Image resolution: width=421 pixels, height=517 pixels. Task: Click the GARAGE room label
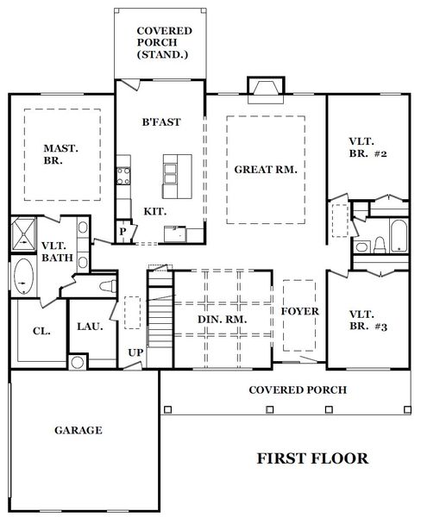[x=79, y=430]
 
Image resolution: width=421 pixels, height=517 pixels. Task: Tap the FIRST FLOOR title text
[x=312, y=458]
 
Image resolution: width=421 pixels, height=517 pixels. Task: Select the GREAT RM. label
[x=266, y=170]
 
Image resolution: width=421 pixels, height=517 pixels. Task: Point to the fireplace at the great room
[x=266, y=90]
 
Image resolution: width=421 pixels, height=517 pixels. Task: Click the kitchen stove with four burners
[x=123, y=176]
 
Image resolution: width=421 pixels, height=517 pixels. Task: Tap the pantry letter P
[x=123, y=232]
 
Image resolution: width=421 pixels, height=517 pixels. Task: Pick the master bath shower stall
[x=23, y=234]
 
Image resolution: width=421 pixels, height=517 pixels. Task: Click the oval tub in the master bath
[x=24, y=276]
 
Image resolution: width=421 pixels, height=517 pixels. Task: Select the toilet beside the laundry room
[x=108, y=286]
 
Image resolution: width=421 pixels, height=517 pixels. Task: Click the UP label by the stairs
[x=135, y=352]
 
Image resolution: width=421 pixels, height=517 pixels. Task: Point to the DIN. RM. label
[x=223, y=320]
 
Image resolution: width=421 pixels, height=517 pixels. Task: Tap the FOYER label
[x=300, y=311]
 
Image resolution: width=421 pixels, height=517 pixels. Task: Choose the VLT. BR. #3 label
[x=368, y=321]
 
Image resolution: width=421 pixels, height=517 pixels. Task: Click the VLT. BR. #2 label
[x=368, y=147]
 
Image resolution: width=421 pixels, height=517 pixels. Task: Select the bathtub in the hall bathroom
[x=399, y=235]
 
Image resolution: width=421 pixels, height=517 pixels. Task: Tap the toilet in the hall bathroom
[x=380, y=246]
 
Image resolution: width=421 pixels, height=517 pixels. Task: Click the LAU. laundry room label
[x=90, y=327]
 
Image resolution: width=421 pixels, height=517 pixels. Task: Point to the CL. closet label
[x=41, y=331]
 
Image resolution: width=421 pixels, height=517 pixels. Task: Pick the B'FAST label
[x=161, y=122]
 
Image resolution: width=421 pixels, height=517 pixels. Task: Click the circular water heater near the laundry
[x=78, y=363]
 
